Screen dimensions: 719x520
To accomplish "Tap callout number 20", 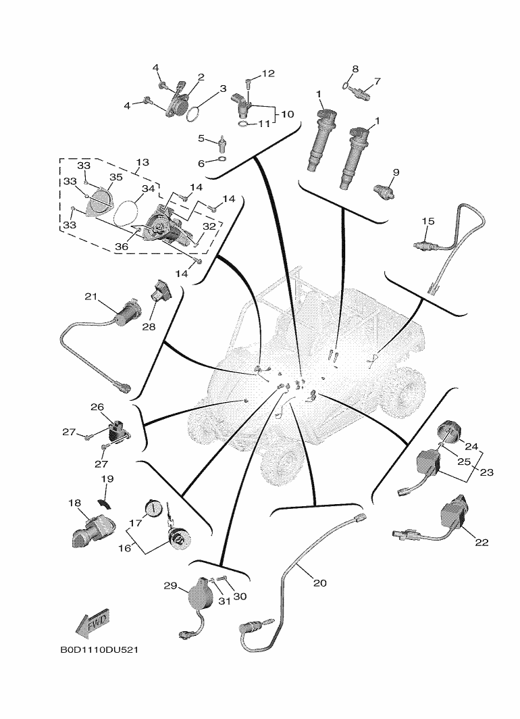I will pos(319,582).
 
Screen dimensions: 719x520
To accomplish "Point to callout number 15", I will pos(428,221).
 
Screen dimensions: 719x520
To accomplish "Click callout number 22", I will pos(482,542).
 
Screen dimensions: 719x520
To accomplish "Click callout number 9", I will pos(396,172).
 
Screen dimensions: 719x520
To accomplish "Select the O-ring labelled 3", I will pos(192,113).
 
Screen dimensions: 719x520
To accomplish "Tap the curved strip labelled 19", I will pos(104,503).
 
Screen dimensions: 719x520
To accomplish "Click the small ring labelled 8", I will pos(346,85).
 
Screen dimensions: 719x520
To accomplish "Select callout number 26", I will pos(97,407).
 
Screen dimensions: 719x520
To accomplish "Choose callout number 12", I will pos(269,73).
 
